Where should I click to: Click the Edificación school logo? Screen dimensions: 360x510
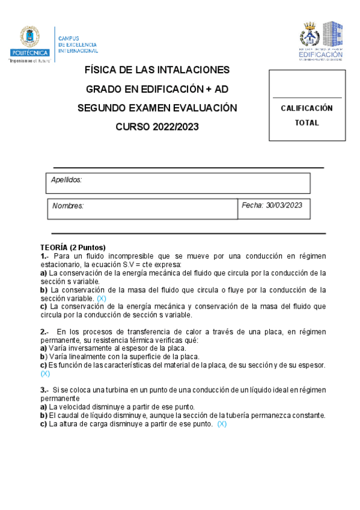pyautogui.click(x=322, y=40)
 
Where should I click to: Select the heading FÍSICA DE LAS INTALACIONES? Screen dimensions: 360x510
pyautogui.click(x=157, y=70)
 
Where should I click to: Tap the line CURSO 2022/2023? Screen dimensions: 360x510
pyautogui.click(x=157, y=127)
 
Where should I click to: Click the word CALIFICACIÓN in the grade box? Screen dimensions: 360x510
pyautogui.click(x=307, y=108)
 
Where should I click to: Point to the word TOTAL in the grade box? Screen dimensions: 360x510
pyautogui.click(x=307, y=123)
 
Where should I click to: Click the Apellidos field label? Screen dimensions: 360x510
pyautogui.click(x=66, y=180)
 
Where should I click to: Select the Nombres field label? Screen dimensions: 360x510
pyautogui.click(x=68, y=206)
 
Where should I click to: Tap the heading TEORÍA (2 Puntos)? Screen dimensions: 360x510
pyautogui.click(x=73, y=247)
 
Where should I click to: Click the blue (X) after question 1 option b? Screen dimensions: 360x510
pyautogui.click(x=102, y=298)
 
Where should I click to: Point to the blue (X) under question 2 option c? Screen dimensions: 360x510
pyautogui.click(x=46, y=373)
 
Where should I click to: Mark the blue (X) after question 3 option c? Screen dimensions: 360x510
pyautogui.click(x=222, y=423)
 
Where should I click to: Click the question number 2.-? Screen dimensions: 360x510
pyautogui.click(x=46, y=331)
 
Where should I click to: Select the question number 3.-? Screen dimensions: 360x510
pyautogui.click(x=46, y=390)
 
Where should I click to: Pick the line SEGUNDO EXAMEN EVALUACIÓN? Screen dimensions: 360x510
pyautogui.click(x=157, y=108)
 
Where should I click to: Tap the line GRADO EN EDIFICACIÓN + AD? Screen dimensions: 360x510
pyautogui.click(x=157, y=90)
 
